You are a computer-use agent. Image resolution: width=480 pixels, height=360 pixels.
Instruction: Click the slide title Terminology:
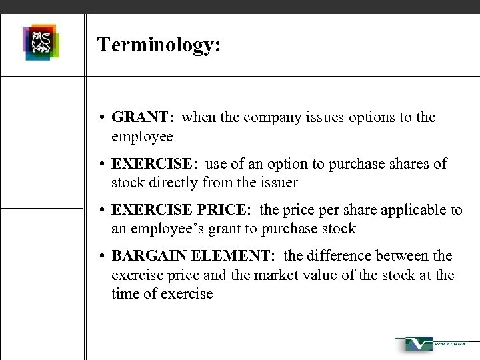159,45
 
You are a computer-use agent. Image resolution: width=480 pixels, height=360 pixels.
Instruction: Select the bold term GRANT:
143,117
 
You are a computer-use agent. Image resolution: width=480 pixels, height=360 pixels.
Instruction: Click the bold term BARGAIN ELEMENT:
198,256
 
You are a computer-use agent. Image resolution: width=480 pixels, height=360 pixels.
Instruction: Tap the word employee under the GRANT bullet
142,137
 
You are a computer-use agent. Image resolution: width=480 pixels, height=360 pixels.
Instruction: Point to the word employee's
167,229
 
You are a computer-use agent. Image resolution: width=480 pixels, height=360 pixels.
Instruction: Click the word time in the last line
125,293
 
